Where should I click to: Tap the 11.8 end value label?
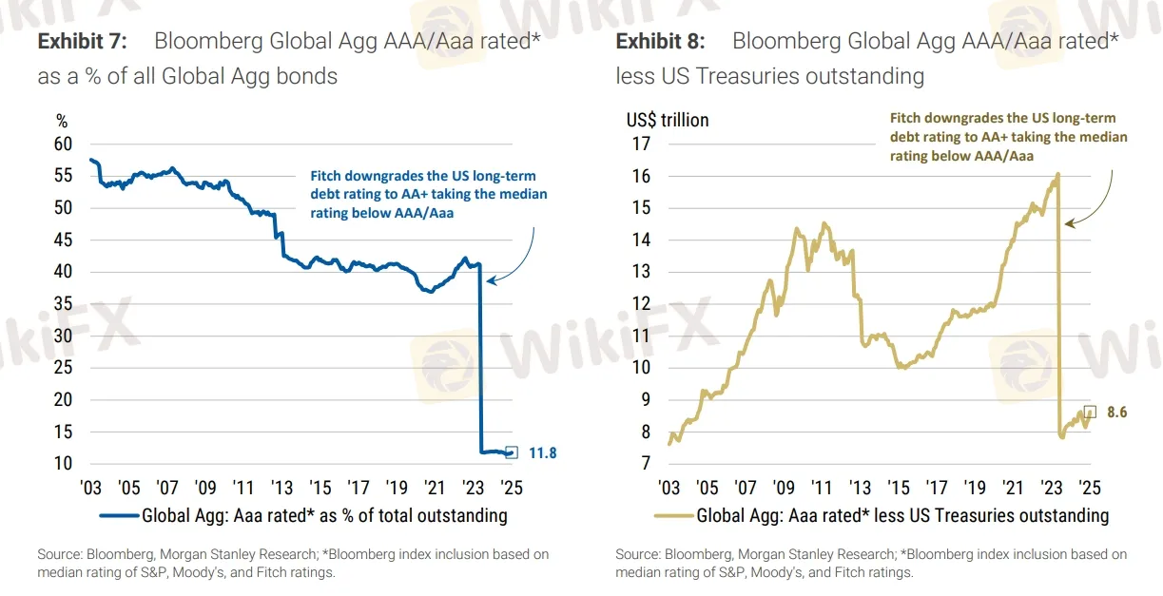tap(542, 453)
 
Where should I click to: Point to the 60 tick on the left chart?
tap(63, 144)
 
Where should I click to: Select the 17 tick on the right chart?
tap(639, 144)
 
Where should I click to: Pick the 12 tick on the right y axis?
tap(639, 304)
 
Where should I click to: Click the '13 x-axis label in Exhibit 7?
tap(281, 488)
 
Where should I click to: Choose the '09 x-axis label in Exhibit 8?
tap(784, 488)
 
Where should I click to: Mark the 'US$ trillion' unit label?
tap(667, 121)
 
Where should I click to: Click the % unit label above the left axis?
tap(63, 121)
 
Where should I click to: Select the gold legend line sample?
tap(673, 516)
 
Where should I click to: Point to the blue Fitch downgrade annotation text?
tap(429, 195)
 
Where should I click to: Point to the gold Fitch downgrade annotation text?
tap(1008, 137)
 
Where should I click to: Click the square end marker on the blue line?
tap(512, 452)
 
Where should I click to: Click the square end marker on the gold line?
tap(1090, 412)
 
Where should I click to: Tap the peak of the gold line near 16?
tap(1057, 174)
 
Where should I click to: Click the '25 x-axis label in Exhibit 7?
tap(512, 488)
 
